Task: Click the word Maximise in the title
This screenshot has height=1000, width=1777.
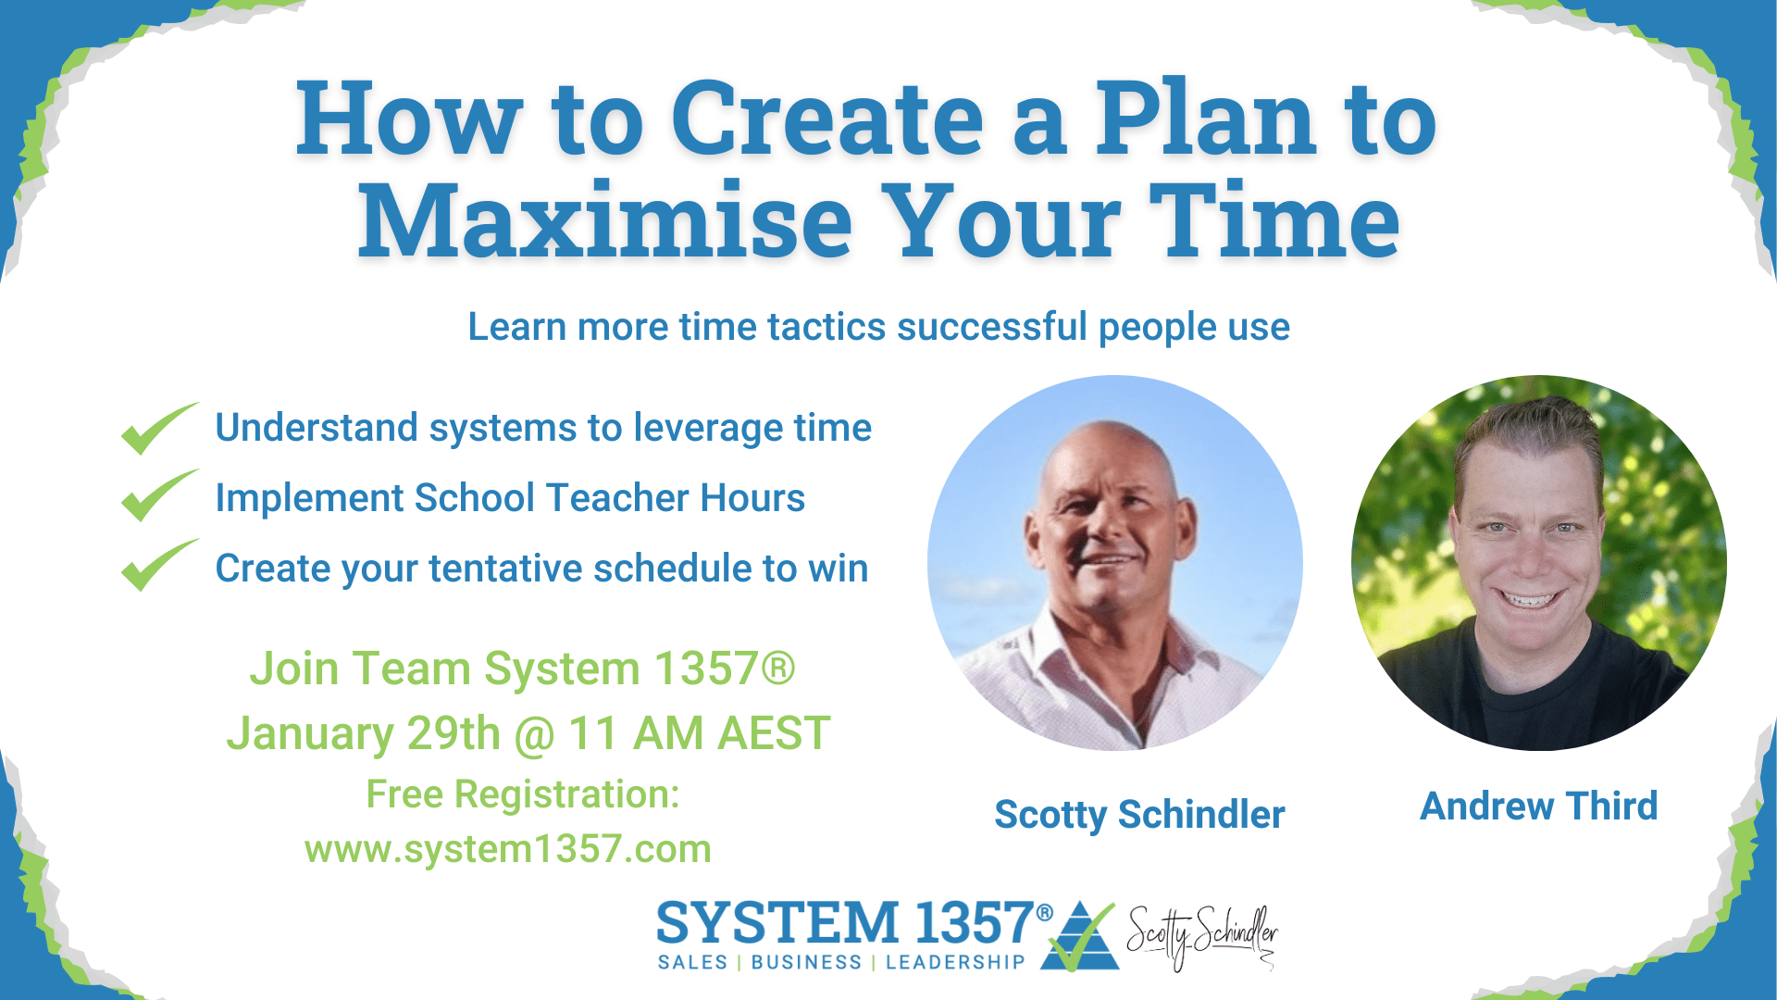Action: point(605,220)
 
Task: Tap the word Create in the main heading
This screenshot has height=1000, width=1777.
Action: point(827,119)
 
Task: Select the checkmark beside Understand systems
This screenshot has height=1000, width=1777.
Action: point(159,429)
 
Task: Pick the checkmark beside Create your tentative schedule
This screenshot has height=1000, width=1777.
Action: point(159,565)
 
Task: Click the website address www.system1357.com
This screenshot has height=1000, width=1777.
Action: point(508,849)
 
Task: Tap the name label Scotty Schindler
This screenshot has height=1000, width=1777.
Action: point(1139,815)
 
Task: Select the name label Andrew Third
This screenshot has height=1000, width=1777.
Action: point(1538,806)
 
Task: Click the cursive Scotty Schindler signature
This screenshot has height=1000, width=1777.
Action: point(1201,937)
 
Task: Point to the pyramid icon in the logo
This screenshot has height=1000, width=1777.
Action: point(1080,935)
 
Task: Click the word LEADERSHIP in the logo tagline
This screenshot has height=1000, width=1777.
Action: point(955,963)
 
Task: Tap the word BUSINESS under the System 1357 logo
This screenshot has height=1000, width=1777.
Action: point(806,963)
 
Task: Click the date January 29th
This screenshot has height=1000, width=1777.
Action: point(364,734)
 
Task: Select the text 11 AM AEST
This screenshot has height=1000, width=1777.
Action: point(699,733)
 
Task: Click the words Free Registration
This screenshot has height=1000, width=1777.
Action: point(523,794)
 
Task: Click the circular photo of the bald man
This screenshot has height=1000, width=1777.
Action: point(1115,562)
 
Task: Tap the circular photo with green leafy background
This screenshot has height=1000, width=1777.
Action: point(1538,562)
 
